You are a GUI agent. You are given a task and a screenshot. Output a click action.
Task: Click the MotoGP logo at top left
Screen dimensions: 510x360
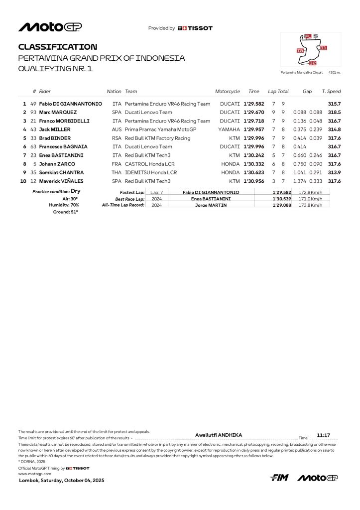click(x=50, y=27)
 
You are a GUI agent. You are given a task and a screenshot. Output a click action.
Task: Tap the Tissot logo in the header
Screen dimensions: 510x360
click(x=195, y=28)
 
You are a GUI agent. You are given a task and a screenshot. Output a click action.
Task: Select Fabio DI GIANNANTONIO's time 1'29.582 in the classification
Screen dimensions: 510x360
click(x=254, y=104)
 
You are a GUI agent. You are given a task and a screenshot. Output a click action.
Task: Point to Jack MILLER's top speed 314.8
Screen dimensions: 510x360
click(x=334, y=129)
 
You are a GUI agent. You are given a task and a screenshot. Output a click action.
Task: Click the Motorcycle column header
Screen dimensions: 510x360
click(x=227, y=92)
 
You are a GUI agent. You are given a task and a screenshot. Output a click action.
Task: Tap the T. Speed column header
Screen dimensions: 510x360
click(x=331, y=92)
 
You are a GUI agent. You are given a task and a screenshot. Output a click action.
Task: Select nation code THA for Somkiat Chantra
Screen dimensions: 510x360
click(x=117, y=172)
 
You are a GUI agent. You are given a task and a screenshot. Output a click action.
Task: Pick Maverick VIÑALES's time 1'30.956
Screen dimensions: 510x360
click(x=254, y=181)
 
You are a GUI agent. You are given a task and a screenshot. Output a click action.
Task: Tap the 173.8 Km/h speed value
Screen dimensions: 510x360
click(x=310, y=205)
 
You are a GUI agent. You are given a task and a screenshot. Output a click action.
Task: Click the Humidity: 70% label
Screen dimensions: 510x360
click(x=64, y=205)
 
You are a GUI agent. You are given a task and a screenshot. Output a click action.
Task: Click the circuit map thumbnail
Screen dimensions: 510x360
click(x=311, y=50)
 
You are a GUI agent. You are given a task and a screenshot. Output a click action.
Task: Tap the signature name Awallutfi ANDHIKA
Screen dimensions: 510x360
click(x=219, y=435)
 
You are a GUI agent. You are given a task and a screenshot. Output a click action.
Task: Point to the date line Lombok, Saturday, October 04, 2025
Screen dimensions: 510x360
click(x=62, y=481)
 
